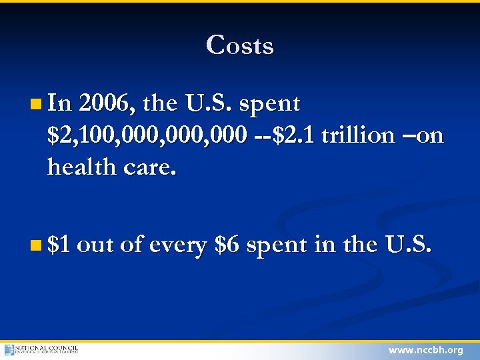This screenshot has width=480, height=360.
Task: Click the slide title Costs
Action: pos(240,45)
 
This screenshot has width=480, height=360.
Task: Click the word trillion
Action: pos(357,135)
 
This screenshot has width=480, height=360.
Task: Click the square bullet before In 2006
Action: pos(35,105)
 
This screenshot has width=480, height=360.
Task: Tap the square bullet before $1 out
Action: pos(35,246)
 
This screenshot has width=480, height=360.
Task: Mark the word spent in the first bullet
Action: pos(269,105)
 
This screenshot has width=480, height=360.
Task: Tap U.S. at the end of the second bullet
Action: pos(409,245)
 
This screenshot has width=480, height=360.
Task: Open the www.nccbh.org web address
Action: pos(425,350)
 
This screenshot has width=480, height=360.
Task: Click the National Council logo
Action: pos(41,349)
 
